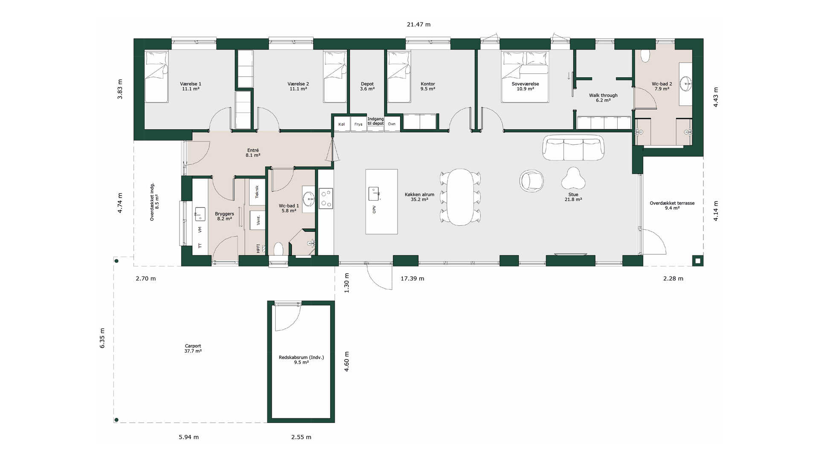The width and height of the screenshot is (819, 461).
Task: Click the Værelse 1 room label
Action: (x=191, y=86)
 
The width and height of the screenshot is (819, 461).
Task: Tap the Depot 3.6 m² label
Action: (x=367, y=86)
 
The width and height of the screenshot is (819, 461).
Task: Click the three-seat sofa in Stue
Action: (x=573, y=148)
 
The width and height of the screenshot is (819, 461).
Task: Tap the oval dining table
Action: (x=460, y=197)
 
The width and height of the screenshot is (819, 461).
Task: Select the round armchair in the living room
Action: (x=531, y=181)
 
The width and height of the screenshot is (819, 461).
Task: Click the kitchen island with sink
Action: (x=381, y=201)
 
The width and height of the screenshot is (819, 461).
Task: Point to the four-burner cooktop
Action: (x=326, y=198)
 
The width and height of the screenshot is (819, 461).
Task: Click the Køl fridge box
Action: (x=341, y=124)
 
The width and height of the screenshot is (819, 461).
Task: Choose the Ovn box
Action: (x=392, y=124)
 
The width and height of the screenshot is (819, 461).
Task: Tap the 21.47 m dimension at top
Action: (x=418, y=25)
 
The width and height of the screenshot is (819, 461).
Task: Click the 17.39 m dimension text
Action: (x=412, y=279)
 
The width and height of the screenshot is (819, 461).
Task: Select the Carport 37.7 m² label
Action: (x=193, y=348)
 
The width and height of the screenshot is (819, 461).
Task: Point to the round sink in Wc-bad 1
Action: (x=308, y=198)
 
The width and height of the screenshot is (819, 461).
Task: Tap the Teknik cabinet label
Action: (x=257, y=192)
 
